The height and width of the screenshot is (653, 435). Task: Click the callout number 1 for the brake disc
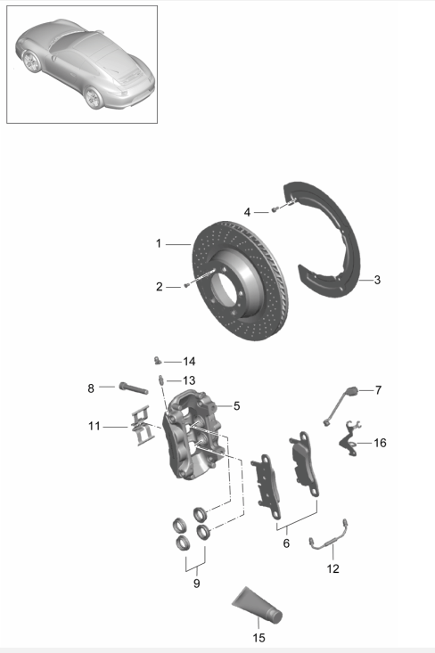[158, 243]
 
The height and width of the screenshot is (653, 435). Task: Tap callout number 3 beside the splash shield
[377, 281]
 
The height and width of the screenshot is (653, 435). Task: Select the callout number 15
[258, 637]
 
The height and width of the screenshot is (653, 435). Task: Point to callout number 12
[332, 567]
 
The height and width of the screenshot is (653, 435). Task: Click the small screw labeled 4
[275, 209]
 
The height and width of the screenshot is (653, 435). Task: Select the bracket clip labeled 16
[350, 440]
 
